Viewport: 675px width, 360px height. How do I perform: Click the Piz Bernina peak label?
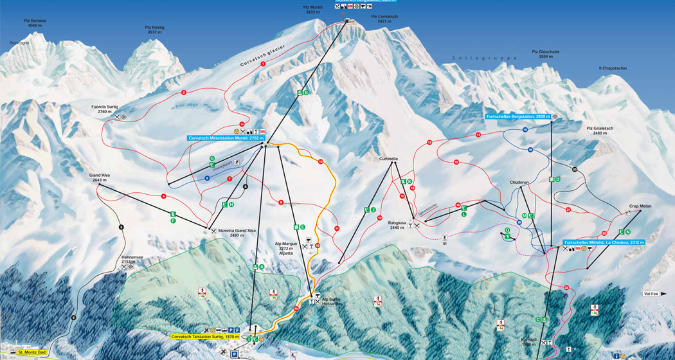tap(35, 23)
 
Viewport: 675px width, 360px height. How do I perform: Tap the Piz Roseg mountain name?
tap(155, 29)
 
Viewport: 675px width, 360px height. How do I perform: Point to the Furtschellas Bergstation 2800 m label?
tap(517, 117)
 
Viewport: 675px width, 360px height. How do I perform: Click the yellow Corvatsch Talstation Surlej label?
tap(205, 336)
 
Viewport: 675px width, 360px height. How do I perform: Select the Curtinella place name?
tap(389, 157)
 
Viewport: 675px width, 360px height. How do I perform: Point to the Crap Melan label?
tap(640, 206)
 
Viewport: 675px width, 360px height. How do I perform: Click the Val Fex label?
tap(655, 294)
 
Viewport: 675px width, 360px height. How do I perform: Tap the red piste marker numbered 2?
tap(184, 93)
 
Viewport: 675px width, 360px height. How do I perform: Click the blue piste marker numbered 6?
tap(207, 178)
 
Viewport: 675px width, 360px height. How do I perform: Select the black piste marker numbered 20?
tap(575, 170)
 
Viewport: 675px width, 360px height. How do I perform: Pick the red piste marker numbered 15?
tap(456, 162)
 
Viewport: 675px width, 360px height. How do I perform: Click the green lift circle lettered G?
tap(212, 158)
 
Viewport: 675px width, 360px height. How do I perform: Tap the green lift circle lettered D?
tap(558, 179)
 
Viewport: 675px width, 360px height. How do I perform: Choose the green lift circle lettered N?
tap(628, 231)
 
